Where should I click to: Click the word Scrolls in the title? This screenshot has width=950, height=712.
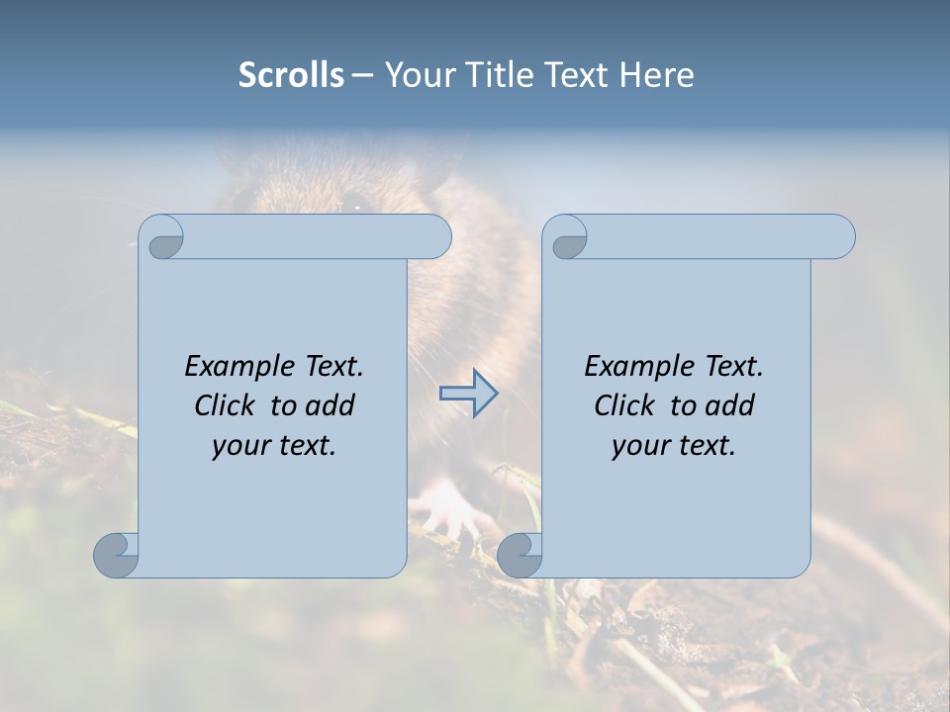coord(291,75)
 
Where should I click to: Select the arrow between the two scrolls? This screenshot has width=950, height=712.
coord(469,393)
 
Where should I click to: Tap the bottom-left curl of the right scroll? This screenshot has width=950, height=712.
coord(520,555)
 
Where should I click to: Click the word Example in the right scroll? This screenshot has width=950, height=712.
coord(639,367)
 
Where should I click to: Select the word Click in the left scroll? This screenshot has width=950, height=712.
coord(228,406)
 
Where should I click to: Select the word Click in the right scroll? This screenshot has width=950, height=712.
coord(626,406)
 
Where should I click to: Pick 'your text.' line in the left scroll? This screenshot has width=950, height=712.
coord(274,446)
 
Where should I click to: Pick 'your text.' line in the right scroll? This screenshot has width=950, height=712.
coord(674,446)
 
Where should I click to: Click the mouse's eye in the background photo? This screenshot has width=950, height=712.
coord(353,204)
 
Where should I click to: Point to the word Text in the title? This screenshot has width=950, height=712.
coord(577,75)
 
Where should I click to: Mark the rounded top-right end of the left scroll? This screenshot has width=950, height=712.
coord(436,236)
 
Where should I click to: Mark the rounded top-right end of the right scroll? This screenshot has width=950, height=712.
coord(840,236)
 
